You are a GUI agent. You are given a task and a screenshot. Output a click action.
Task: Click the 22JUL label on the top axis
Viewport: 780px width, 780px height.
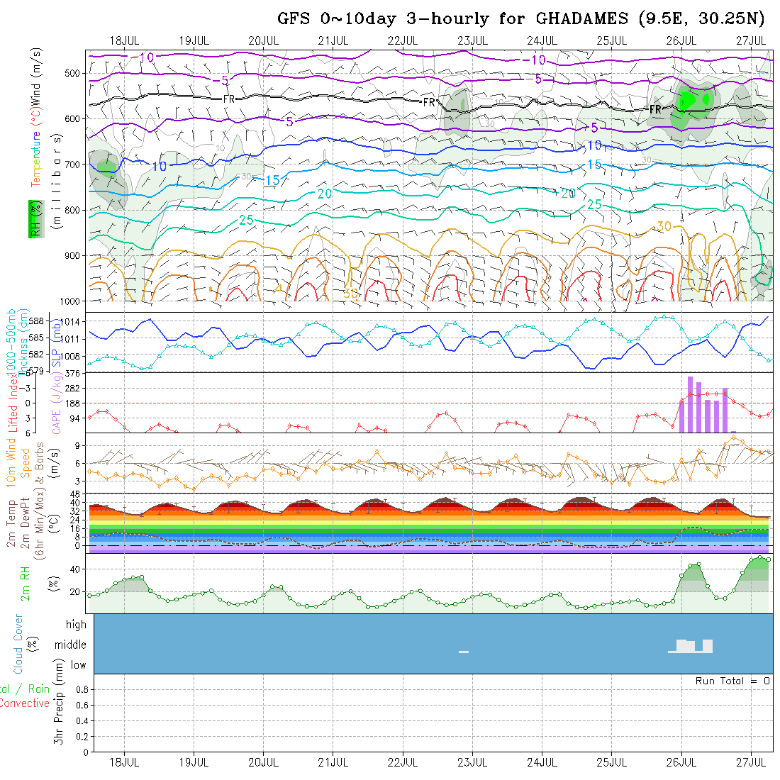point(403,40)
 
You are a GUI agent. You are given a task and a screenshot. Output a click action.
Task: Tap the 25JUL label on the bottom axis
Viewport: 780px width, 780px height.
point(611,762)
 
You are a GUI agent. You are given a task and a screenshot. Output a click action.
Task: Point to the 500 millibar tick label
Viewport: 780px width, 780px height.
point(74,72)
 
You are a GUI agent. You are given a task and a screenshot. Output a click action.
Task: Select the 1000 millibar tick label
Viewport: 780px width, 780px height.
point(71,301)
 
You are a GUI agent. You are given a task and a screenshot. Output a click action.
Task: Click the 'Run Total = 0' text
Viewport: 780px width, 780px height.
point(732,681)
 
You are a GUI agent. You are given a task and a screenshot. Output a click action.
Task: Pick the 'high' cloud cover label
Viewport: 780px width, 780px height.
point(76,625)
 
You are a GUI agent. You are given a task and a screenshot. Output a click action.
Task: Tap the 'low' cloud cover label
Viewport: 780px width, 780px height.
point(78,665)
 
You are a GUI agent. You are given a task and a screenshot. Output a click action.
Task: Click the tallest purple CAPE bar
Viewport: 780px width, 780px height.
point(690,404)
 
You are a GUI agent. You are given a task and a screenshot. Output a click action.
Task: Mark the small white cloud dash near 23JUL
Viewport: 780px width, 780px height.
point(464,652)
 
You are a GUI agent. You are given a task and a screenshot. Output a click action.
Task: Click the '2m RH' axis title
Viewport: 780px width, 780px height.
point(26,583)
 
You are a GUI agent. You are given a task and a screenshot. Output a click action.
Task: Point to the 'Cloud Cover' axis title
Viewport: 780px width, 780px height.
point(18,644)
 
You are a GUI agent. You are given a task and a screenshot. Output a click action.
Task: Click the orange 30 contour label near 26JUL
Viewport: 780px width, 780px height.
point(664,226)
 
